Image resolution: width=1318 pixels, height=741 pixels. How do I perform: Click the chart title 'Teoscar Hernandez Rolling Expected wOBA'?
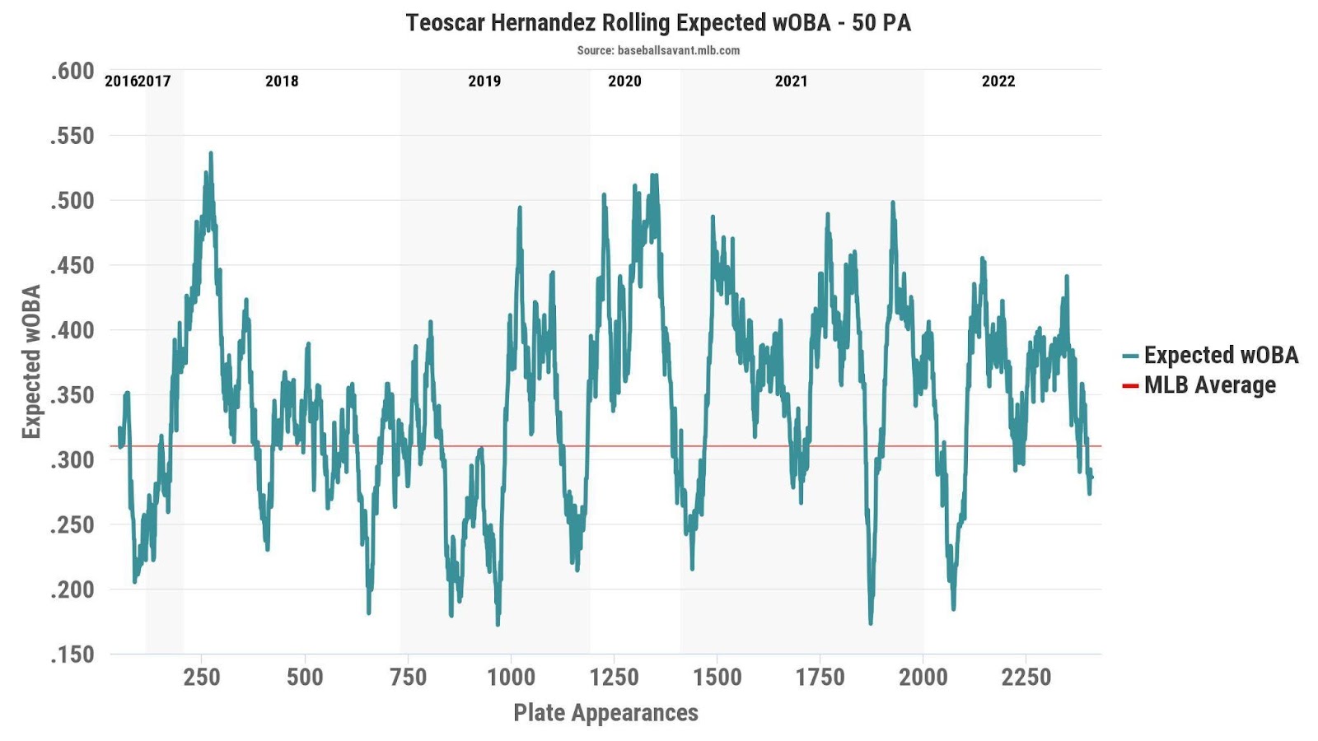658,22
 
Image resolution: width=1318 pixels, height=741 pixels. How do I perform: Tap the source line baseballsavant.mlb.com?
658,50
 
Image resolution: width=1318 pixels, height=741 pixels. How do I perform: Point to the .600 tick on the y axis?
72,72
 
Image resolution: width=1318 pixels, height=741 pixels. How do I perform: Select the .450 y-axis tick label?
72,266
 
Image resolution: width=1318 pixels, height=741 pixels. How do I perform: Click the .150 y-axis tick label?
72,655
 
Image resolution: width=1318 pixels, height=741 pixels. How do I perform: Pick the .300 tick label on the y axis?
72,460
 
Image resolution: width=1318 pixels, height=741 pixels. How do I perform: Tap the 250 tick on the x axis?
202,678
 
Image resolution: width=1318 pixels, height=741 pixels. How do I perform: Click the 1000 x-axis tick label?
511,678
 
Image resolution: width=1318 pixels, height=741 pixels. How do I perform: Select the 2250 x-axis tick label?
1026,678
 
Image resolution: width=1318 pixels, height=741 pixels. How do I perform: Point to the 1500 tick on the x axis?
717,678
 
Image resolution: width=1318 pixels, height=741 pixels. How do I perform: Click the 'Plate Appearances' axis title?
605,713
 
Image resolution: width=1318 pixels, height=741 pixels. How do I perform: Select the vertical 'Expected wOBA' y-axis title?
31,361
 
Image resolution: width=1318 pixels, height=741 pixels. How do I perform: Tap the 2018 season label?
282,82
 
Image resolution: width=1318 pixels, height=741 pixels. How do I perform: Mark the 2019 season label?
484,82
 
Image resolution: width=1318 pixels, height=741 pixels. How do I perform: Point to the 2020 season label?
624,82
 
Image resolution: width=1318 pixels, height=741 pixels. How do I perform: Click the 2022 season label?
998,82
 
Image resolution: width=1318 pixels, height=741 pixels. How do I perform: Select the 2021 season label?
791,82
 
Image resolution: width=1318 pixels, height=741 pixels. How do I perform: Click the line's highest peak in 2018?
211,153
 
